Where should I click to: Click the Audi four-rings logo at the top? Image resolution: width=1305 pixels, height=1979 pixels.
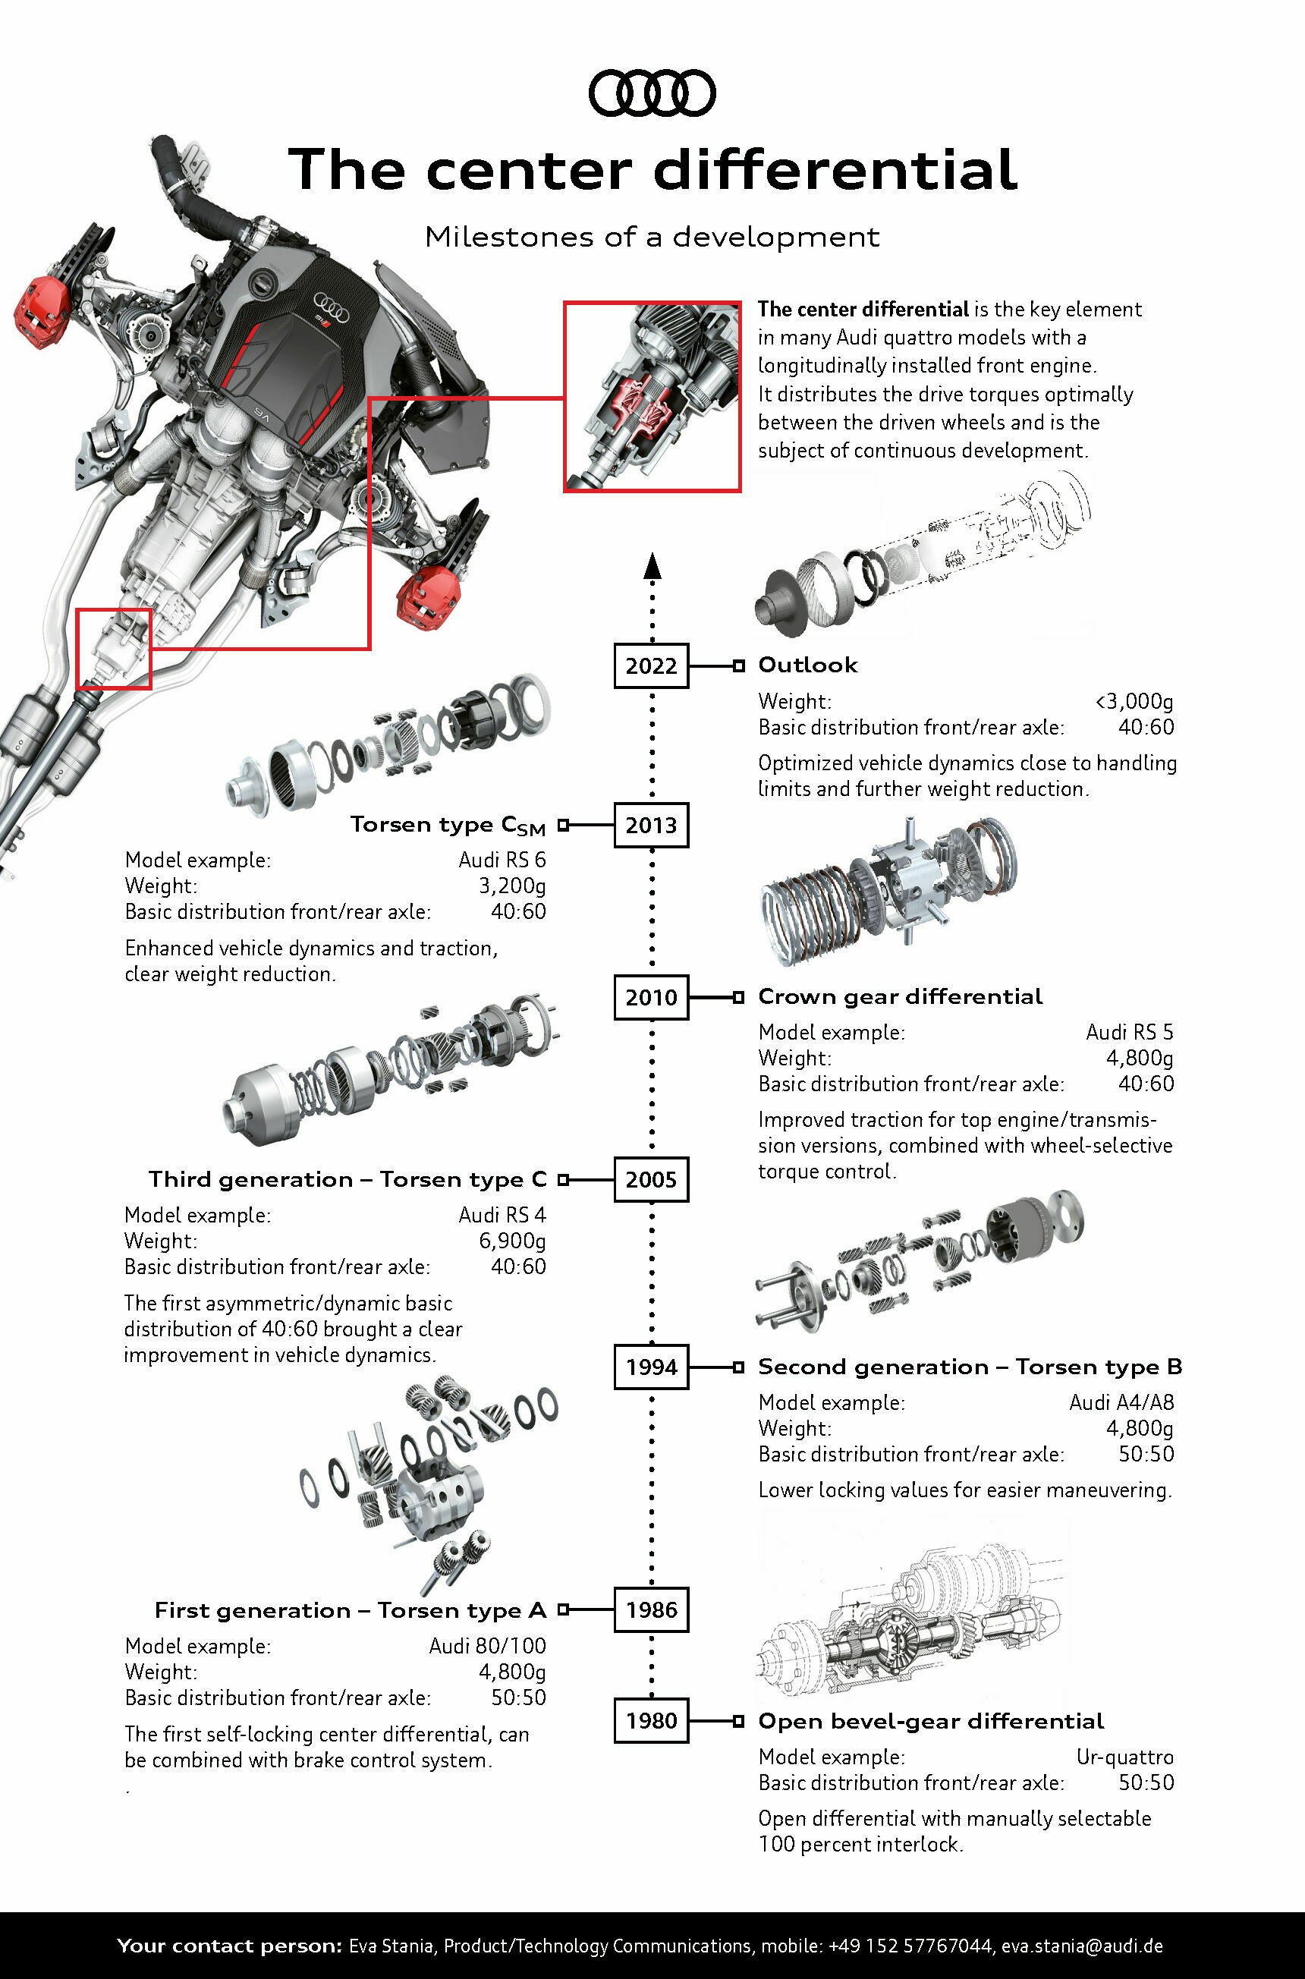[652, 93]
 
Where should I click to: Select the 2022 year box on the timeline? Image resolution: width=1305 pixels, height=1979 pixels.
[651, 665]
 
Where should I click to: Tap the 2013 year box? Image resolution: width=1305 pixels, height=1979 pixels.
[651, 825]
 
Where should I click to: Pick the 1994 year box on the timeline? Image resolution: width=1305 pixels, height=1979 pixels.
[651, 1367]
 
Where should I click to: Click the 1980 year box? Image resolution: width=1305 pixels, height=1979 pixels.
[651, 1720]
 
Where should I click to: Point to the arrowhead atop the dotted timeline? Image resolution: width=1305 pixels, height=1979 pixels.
[652, 565]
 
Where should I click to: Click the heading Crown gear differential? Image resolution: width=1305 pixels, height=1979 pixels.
[900, 996]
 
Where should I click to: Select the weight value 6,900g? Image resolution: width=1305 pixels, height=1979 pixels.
[512, 1241]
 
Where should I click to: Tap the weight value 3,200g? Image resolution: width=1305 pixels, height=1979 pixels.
[512, 886]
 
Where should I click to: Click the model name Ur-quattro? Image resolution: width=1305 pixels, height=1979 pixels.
[1124, 1757]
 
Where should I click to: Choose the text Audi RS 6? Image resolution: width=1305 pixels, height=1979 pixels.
[502, 860]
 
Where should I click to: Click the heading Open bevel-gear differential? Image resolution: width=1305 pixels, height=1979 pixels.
[930, 1720]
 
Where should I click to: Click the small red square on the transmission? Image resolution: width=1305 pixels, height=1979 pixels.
[114, 648]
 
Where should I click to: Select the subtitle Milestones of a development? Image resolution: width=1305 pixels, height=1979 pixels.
[652, 238]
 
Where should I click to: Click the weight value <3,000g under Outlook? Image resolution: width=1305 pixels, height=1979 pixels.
[1134, 702]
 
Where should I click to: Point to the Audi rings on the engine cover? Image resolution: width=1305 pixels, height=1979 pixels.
[332, 303]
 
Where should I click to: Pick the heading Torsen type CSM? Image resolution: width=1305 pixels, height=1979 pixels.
[448, 825]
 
